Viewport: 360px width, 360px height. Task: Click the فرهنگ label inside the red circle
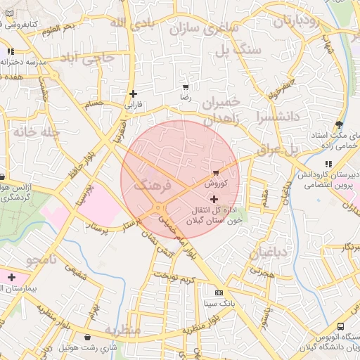click(x=152, y=186)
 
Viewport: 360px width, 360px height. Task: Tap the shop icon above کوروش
click(x=215, y=172)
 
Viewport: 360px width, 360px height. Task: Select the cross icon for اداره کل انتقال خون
click(x=214, y=200)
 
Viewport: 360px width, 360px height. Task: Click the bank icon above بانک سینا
click(x=219, y=292)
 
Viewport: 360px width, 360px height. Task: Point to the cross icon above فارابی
click(x=133, y=94)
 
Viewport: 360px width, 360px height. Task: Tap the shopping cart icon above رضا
click(x=185, y=88)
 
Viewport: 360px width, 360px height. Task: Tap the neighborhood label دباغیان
click(x=270, y=252)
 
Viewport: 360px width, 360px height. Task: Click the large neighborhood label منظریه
click(x=123, y=329)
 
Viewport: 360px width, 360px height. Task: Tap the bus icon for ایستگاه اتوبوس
click(x=340, y=327)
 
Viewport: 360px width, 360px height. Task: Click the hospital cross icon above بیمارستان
click(x=11, y=277)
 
